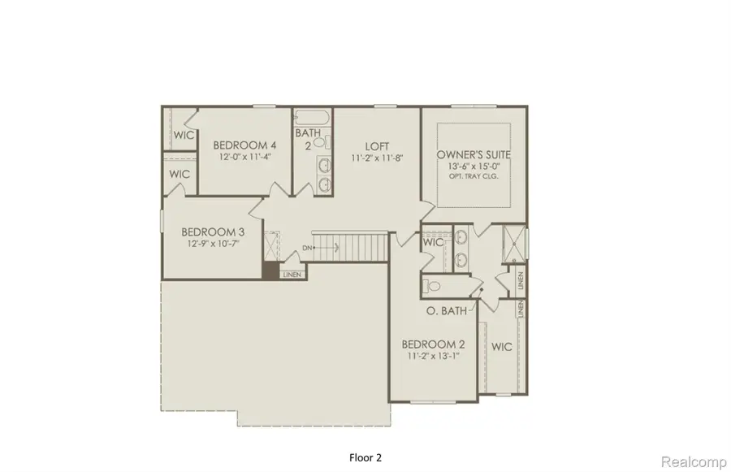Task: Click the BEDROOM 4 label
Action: pos(240,145)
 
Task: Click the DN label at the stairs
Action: pos(308,247)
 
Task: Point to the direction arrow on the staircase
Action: pos(327,247)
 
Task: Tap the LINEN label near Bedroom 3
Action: pos(292,275)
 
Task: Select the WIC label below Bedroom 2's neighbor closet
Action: pos(501,347)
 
